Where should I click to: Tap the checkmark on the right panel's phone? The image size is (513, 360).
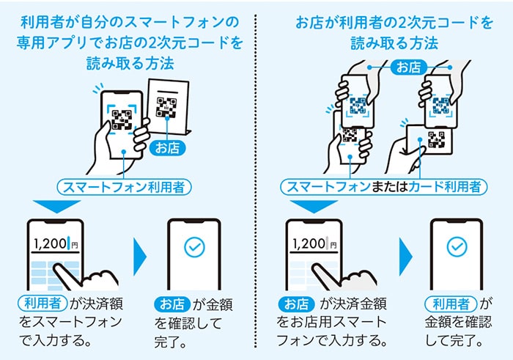(x=457, y=246)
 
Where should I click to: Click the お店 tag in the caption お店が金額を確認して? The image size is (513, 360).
(x=171, y=302)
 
